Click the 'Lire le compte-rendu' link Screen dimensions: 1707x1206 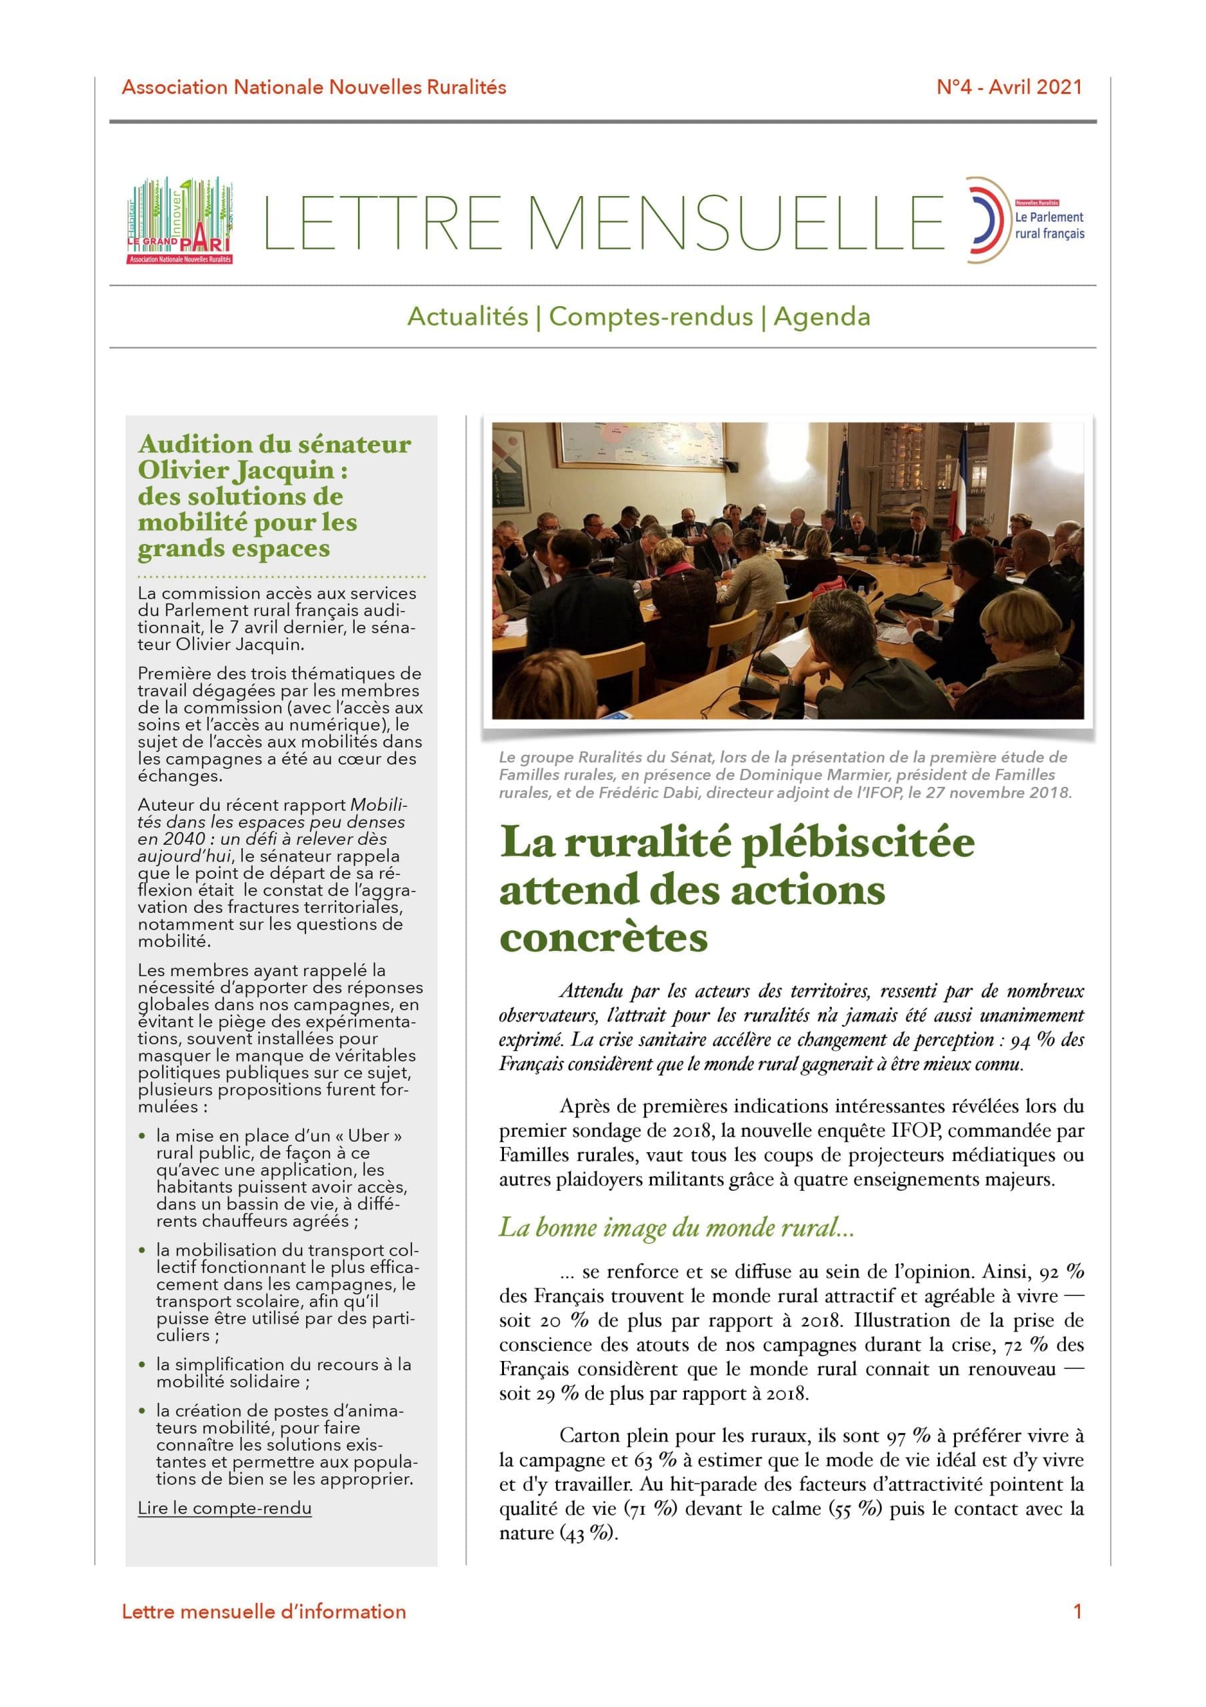coord(225,1508)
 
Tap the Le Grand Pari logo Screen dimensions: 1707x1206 coord(180,221)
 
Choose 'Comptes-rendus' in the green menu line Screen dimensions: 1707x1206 coord(651,317)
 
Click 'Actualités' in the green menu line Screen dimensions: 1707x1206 coord(468,317)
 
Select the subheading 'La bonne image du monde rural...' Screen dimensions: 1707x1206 coord(676,1227)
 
